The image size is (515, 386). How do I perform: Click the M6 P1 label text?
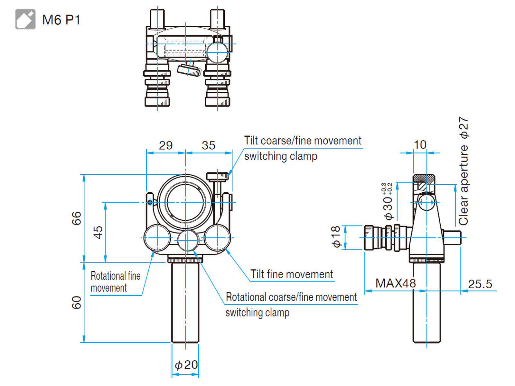point(61,20)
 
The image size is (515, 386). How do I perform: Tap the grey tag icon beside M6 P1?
point(25,20)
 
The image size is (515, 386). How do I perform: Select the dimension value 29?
point(166,145)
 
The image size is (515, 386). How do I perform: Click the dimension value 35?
point(208,145)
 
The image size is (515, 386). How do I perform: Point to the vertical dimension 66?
point(77,218)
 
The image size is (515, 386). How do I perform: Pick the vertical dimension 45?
point(98,232)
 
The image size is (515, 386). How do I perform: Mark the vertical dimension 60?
point(77,303)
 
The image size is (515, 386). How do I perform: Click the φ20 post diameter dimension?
point(186,365)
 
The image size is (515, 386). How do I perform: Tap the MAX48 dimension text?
point(396,283)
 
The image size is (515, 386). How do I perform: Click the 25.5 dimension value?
point(480,284)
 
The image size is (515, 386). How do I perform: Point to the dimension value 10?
point(420,145)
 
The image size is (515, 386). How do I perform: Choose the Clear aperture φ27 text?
point(464,171)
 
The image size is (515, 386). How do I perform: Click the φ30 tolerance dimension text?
point(388,203)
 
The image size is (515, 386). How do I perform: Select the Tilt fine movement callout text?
point(292,274)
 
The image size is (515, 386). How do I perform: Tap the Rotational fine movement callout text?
point(115,282)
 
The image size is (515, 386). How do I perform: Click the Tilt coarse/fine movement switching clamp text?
point(303,148)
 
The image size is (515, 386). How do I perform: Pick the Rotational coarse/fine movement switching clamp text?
point(291,304)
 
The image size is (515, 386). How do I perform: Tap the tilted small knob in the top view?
point(189,70)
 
